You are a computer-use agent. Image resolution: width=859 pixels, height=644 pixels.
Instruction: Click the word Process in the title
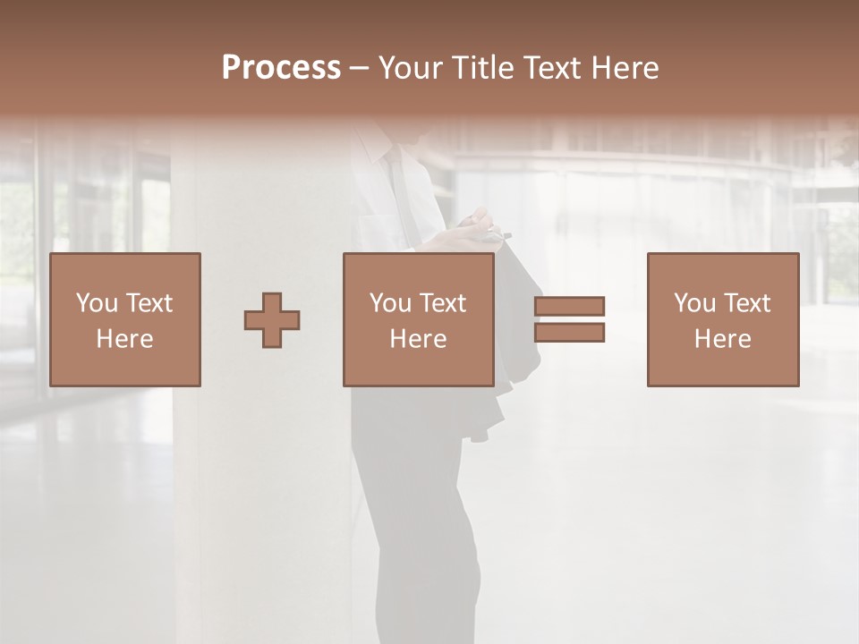(281, 68)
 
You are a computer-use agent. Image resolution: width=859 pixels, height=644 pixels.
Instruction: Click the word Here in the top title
(627, 68)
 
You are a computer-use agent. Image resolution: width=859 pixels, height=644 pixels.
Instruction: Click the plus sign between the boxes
(272, 319)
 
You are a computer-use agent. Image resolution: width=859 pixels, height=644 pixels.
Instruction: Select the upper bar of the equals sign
(569, 306)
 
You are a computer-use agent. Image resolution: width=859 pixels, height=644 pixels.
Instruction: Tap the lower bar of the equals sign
(569, 333)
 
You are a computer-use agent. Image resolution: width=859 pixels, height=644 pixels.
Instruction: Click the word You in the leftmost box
(97, 303)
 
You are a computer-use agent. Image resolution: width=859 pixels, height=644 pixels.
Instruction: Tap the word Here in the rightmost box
(722, 339)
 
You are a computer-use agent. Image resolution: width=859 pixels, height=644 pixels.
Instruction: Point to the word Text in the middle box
(442, 303)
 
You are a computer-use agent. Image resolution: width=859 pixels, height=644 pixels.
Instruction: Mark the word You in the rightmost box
(694, 303)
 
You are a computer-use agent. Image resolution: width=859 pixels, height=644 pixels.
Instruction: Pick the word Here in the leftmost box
(124, 339)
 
